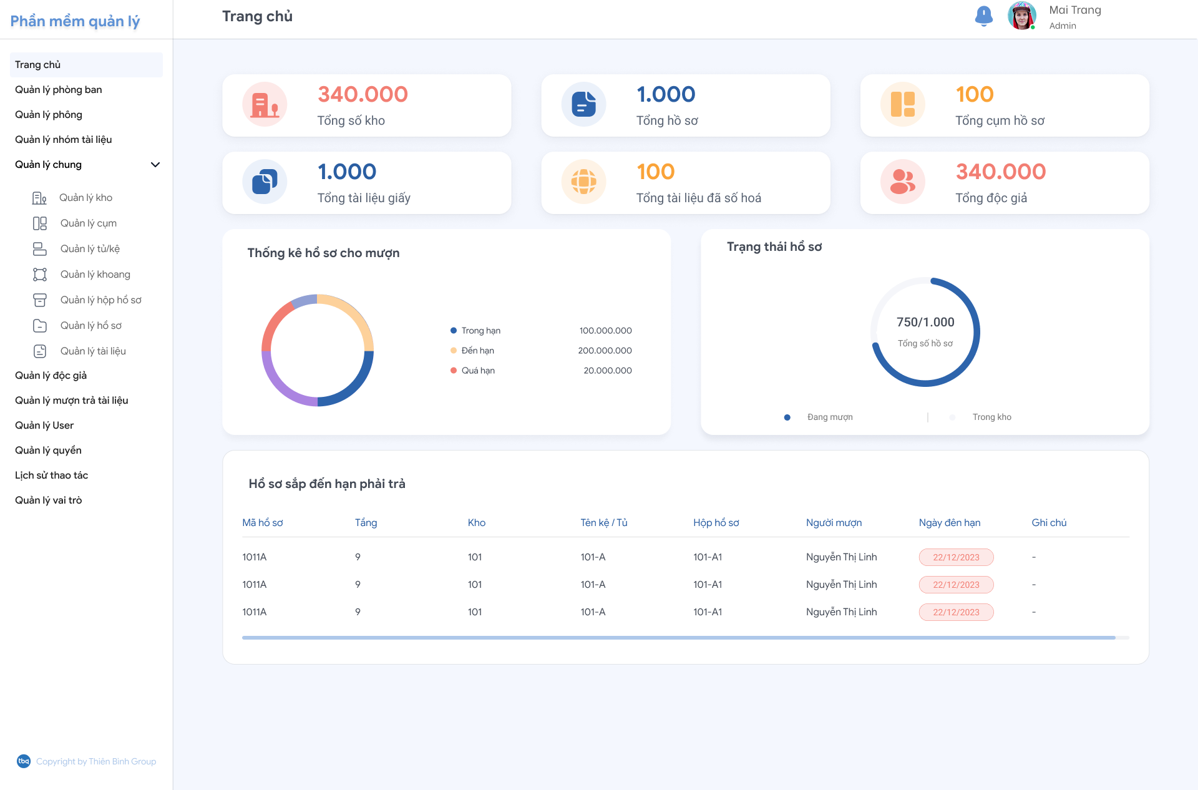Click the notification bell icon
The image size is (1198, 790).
tap(983, 16)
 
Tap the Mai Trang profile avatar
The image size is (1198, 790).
tap(1021, 16)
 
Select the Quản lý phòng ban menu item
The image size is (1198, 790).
tap(59, 90)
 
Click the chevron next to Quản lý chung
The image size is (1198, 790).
tap(155, 165)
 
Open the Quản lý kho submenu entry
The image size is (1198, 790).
tap(85, 198)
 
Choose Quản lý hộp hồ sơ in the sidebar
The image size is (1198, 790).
tap(100, 300)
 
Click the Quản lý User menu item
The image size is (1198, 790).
tap(44, 426)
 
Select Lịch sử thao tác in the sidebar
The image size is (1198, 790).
tap(51, 475)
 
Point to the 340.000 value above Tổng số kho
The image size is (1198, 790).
tap(363, 94)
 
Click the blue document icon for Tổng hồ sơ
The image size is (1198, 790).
tap(583, 104)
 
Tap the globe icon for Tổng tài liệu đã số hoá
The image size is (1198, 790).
tap(583, 182)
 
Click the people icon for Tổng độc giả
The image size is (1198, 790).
tap(902, 182)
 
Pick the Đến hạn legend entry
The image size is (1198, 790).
tap(477, 351)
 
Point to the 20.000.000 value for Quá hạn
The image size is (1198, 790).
tap(607, 371)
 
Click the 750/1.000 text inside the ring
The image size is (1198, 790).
tap(925, 322)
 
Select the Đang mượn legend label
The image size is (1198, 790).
tap(829, 417)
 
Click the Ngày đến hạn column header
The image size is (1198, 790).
tap(949, 523)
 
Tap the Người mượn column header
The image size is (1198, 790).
tap(834, 523)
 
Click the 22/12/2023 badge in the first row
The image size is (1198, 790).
tap(956, 557)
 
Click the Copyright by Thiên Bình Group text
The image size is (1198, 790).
tap(96, 761)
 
